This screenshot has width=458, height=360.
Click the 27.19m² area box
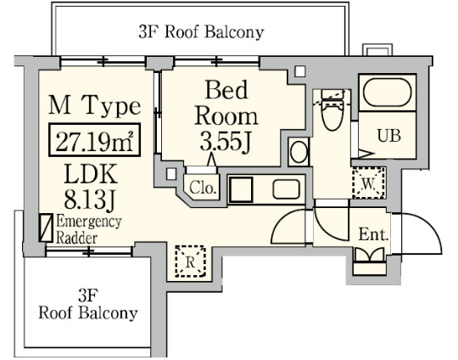(94, 139)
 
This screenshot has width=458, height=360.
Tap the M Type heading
(94, 106)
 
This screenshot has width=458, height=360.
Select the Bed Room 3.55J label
(226, 116)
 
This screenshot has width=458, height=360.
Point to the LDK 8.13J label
(90, 187)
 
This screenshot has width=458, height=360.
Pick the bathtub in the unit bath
(388, 93)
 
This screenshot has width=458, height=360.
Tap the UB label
(388, 136)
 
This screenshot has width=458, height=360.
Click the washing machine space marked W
(369, 183)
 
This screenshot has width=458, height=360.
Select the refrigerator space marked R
(191, 262)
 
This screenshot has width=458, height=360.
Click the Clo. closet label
(203, 188)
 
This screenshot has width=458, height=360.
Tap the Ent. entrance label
(373, 234)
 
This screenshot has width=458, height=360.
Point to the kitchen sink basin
(287, 189)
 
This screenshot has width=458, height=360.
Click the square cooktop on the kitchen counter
(241, 189)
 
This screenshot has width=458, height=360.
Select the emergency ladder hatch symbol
(46, 228)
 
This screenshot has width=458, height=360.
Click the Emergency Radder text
(89, 229)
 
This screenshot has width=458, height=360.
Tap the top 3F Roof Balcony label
(201, 32)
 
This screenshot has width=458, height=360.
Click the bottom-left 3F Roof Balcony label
(88, 304)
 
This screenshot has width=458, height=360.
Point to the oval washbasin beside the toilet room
(299, 152)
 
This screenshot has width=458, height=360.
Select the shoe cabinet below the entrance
(369, 269)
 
